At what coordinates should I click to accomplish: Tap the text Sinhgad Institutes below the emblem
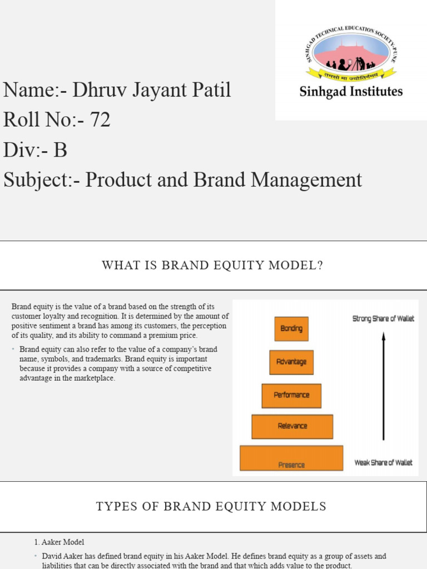[351, 92]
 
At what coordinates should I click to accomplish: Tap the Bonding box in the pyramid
[291, 328]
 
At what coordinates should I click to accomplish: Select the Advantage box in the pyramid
[291, 362]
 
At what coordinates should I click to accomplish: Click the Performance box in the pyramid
[291, 395]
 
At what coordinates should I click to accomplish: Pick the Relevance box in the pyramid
[292, 426]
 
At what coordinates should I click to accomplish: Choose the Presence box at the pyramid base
[291, 458]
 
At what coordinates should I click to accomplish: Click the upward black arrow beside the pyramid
[383, 386]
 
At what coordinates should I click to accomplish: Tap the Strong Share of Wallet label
[384, 319]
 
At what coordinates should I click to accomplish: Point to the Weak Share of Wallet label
[384, 462]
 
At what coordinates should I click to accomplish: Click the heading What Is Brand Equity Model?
[212, 266]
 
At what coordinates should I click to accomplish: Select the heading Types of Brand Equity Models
[211, 506]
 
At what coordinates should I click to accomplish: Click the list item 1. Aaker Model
[59, 542]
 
